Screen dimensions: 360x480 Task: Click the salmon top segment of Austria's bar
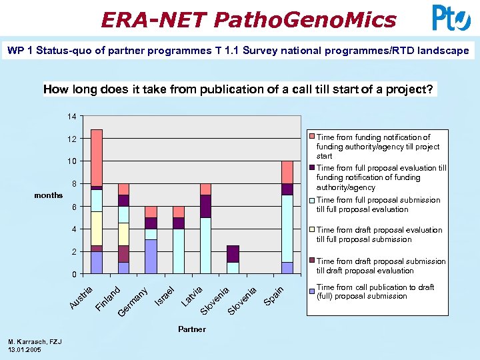pos(97,157)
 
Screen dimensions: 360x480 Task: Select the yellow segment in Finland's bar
pos(123,234)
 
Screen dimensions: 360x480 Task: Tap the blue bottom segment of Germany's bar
pos(151,257)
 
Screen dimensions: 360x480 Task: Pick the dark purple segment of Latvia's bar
pos(205,206)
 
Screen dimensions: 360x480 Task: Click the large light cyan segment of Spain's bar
pos(287,228)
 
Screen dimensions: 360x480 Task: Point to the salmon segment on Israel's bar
pos(178,212)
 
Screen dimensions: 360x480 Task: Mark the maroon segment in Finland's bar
pos(123,254)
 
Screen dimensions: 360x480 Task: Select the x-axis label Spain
pos(275,295)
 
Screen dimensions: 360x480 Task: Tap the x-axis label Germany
pos(133,301)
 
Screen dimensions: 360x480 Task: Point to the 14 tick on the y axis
pos(71,117)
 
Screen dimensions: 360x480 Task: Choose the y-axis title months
pos(48,195)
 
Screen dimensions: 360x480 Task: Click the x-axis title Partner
pos(191,329)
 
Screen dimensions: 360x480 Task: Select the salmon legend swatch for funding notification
pos(311,137)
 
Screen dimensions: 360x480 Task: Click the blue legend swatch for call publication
pos(311,287)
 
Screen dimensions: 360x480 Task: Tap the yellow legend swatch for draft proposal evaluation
pos(311,230)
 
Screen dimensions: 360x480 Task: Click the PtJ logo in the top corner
pos(451,18)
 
